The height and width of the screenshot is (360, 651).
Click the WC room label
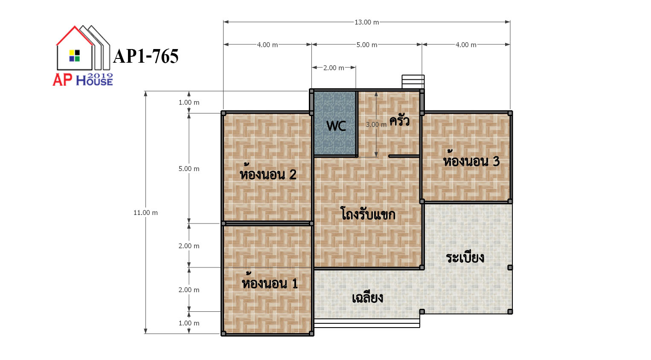click(x=336, y=126)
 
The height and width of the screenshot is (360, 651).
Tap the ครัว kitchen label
click(x=399, y=120)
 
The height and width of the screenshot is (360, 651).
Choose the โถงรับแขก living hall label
click(x=368, y=214)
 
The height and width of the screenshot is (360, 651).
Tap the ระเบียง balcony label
click(x=465, y=258)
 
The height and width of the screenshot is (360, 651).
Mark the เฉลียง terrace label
click(x=367, y=298)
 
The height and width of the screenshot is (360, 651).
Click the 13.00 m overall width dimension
click(x=366, y=22)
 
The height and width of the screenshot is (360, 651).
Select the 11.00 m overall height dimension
click(x=145, y=213)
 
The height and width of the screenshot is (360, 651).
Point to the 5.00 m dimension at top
click(x=366, y=45)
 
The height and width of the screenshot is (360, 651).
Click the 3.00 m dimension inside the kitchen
click(x=376, y=125)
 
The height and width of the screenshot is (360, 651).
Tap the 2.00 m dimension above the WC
click(x=334, y=68)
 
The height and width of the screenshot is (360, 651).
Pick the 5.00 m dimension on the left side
click(x=189, y=168)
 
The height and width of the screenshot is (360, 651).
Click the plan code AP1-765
click(x=145, y=56)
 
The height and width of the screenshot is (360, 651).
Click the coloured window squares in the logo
click(x=74, y=56)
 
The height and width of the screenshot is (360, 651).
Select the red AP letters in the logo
click(x=62, y=80)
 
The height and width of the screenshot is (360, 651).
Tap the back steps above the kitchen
click(x=413, y=81)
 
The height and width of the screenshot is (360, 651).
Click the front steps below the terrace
click(x=367, y=323)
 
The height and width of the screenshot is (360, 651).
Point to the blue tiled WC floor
click(x=335, y=123)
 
